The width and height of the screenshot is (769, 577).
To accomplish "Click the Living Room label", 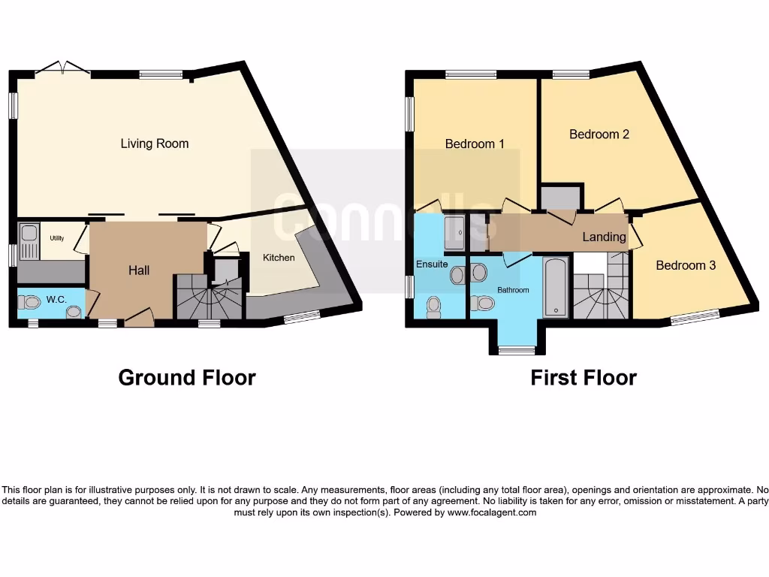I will pyautogui.click(x=155, y=143).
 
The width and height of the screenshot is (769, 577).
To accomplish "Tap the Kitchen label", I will pyautogui.click(x=279, y=258).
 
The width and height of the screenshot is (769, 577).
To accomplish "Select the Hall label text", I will pyautogui.click(x=138, y=270).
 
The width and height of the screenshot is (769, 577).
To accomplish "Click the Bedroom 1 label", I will pyautogui.click(x=475, y=143).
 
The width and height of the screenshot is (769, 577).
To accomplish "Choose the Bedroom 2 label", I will pyautogui.click(x=599, y=134).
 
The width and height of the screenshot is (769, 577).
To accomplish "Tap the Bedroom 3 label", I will pyautogui.click(x=686, y=265).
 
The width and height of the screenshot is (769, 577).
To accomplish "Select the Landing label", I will pyautogui.click(x=605, y=237).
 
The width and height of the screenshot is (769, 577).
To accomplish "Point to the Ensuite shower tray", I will pyautogui.click(x=454, y=234).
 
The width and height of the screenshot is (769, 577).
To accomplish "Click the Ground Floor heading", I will pyautogui.click(x=187, y=377).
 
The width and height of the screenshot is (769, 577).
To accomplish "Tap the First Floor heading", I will pyautogui.click(x=584, y=377).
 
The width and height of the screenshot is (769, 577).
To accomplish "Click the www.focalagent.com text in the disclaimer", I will pyautogui.click(x=492, y=512).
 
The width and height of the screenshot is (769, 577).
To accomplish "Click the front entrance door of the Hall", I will pyautogui.click(x=140, y=319).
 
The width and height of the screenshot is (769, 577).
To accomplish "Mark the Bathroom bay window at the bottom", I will pyautogui.click(x=517, y=349).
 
